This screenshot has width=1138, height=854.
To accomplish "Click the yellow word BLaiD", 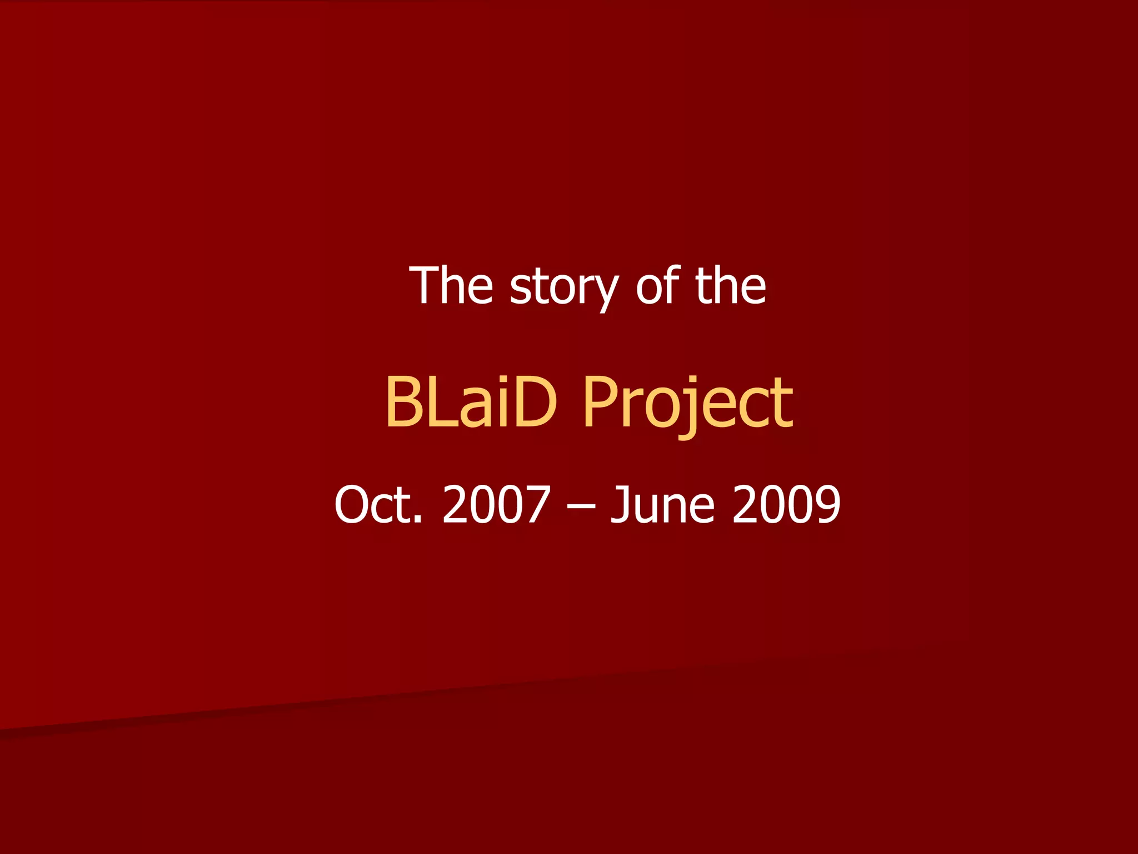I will pyautogui.click(x=471, y=401).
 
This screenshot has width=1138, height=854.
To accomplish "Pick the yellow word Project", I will pyautogui.click(x=687, y=403).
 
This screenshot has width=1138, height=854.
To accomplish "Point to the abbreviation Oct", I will pyautogui.click(x=378, y=504).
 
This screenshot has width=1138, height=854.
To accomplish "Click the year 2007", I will pyautogui.click(x=496, y=504).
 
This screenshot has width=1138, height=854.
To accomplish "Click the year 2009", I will pyautogui.click(x=786, y=504).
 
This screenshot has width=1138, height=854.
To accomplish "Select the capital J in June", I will pyautogui.click(x=621, y=504).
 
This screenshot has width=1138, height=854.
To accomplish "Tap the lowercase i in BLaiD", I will pyautogui.click(x=497, y=401).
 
